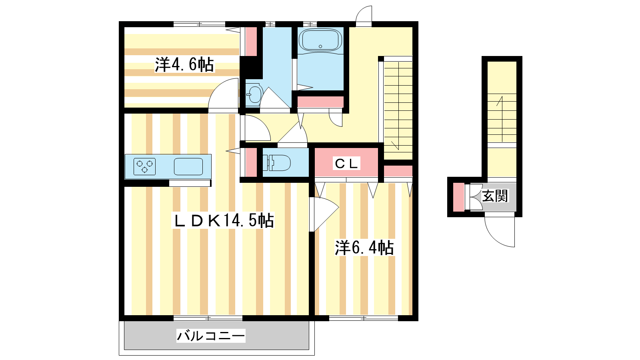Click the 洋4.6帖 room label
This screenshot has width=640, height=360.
point(184,64)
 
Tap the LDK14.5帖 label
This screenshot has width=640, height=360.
point(223,220)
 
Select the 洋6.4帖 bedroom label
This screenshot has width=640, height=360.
point(364,248)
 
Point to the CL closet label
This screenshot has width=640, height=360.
point(346,164)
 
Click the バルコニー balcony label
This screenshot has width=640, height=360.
point(211,336)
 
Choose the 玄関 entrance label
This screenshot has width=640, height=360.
point(495,196)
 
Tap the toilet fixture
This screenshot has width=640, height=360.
point(276,163)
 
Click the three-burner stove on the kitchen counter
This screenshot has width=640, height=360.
point(144,166)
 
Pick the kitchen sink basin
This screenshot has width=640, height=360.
point(188,166)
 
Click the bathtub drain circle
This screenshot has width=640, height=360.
point(320,46)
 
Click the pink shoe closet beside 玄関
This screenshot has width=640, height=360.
point(458,197)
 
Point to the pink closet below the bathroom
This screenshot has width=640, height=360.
point(320,102)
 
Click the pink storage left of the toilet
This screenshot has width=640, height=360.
point(251,162)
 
